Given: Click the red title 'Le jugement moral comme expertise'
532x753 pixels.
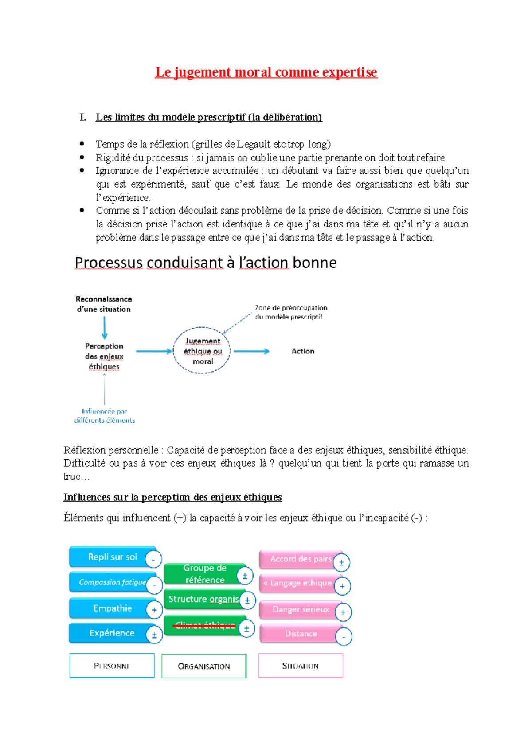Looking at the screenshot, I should [x=266, y=72].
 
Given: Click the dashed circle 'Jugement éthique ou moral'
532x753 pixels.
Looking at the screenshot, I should [x=202, y=351].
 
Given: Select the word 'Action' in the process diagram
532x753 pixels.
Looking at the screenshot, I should [x=303, y=351].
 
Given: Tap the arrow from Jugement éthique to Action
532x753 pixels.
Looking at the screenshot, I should [x=251, y=351].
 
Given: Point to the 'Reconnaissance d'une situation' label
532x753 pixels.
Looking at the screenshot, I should [x=104, y=304].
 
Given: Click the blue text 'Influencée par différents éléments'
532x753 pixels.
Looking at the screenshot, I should [x=105, y=416].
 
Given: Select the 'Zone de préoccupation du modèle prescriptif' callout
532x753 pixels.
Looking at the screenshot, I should [x=291, y=312].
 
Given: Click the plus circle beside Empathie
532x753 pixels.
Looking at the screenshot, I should [x=154, y=610].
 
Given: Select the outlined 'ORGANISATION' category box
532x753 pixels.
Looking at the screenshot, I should [x=204, y=666].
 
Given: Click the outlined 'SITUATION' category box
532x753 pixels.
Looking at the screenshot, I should [x=301, y=666].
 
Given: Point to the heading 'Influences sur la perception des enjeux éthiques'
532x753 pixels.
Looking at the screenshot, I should [x=172, y=497].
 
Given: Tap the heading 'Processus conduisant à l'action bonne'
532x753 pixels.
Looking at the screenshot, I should [x=206, y=263].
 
